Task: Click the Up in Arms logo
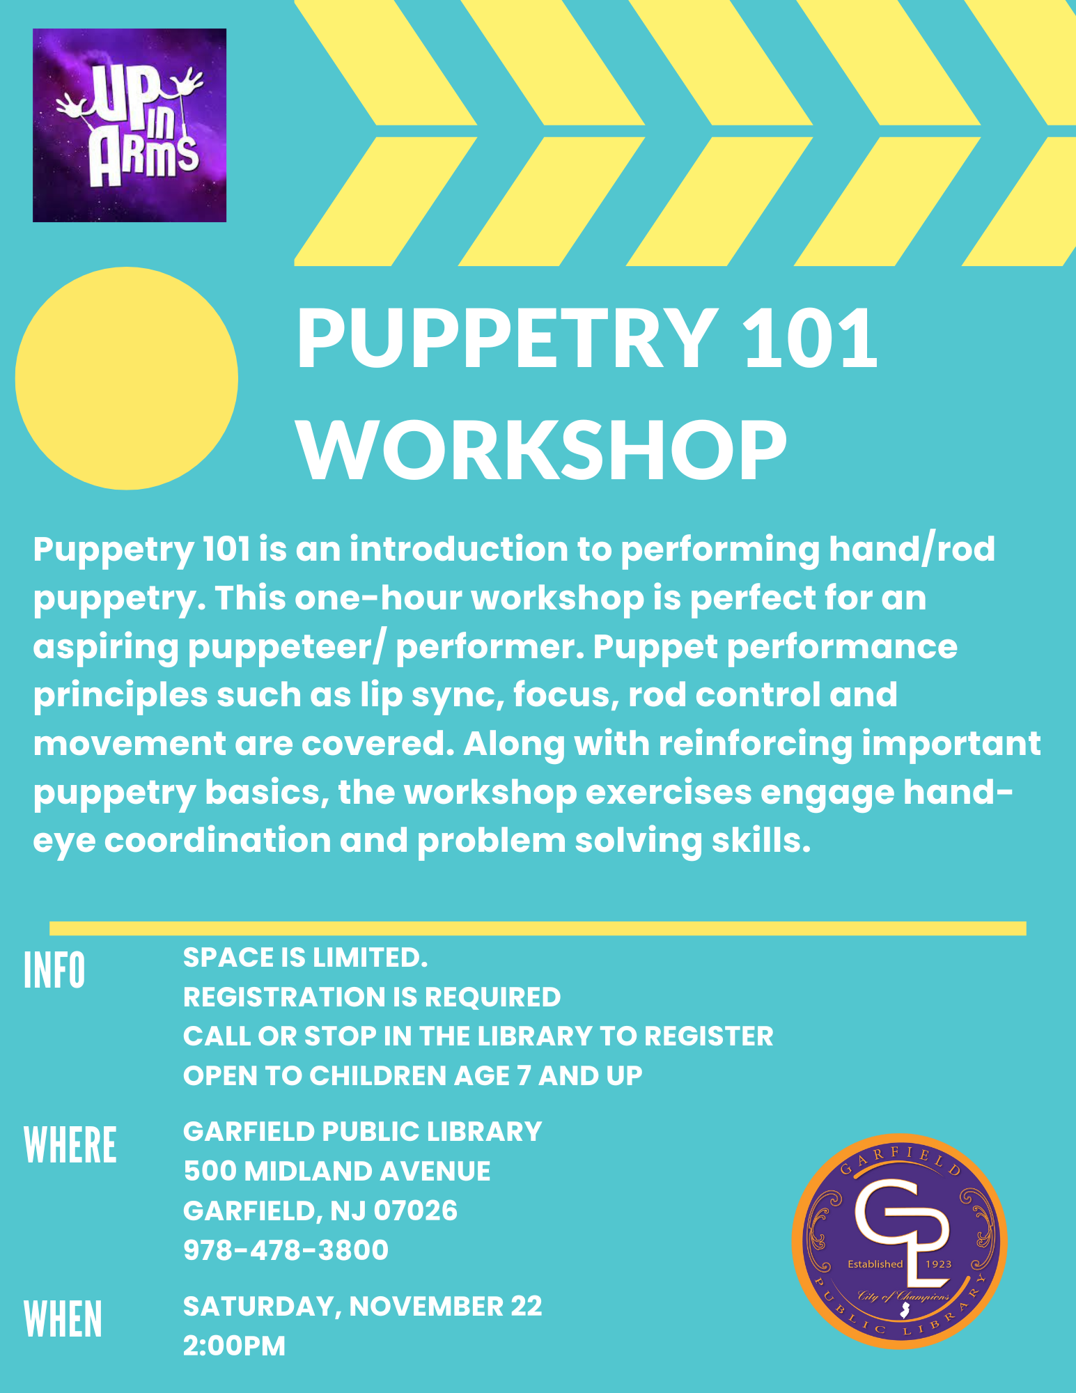pyautogui.click(x=130, y=125)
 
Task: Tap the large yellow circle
pyautogui.click(x=127, y=378)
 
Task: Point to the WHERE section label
pyautogui.click(x=70, y=1145)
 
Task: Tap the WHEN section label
pyautogui.click(x=63, y=1319)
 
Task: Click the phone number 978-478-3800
pyautogui.click(x=286, y=1250)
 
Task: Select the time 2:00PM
pyautogui.click(x=234, y=1346)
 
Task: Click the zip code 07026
pyautogui.click(x=416, y=1211)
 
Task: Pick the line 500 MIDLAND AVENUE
pyautogui.click(x=337, y=1172)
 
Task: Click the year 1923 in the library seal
pyautogui.click(x=938, y=1263)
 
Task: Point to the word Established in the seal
pyautogui.click(x=875, y=1263)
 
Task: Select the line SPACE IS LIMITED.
pyautogui.click(x=305, y=958)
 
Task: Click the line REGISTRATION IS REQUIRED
pyautogui.click(x=372, y=997)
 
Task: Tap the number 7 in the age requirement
pyautogui.click(x=524, y=1076)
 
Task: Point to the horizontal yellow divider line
pyautogui.click(x=538, y=928)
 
